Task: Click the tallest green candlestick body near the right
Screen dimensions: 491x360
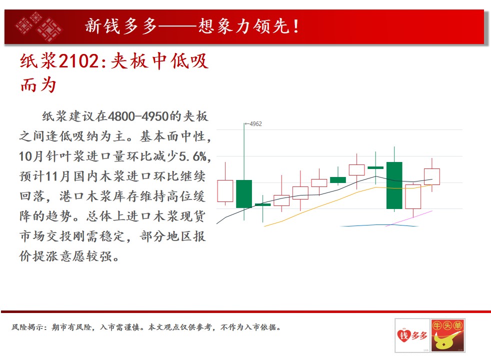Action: pos(394,185)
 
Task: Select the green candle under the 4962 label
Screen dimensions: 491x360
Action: pos(244,194)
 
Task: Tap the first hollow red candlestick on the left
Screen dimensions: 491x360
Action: pos(225,191)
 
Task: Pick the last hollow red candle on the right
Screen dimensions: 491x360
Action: pos(432,176)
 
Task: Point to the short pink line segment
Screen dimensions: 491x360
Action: pos(409,218)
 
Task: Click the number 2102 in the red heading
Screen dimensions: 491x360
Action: pos(78,60)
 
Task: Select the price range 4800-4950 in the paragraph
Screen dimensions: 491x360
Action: pos(138,116)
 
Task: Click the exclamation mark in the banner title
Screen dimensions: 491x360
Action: pos(295,26)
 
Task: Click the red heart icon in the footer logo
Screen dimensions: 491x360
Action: pos(403,335)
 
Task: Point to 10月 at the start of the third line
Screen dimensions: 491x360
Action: pos(31,156)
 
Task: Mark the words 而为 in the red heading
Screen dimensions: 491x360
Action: pos(38,85)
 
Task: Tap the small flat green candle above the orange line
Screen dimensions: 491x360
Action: pos(262,204)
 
